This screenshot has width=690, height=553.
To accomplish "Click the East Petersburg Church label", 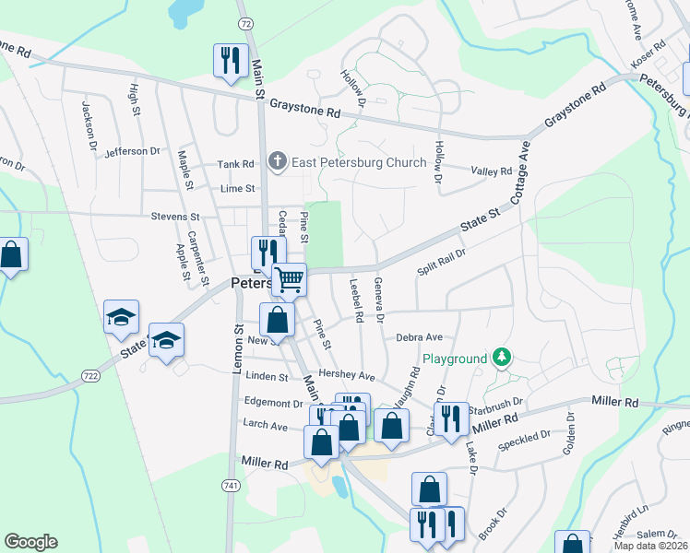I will [x=360, y=163].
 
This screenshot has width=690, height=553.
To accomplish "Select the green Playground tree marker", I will [x=501, y=357].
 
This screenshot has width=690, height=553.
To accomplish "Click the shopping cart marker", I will [x=290, y=280].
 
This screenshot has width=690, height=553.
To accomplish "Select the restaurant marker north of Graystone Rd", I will [x=229, y=61].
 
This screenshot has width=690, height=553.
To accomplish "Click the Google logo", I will [x=30, y=542].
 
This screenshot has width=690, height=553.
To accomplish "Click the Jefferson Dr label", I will [x=132, y=151].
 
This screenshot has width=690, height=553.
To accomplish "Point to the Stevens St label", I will [x=175, y=217].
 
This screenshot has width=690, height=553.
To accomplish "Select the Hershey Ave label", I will [x=354, y=376].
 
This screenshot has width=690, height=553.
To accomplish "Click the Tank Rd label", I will [x=235, y=164].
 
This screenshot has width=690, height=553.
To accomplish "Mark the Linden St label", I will [x=268, y=376].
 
